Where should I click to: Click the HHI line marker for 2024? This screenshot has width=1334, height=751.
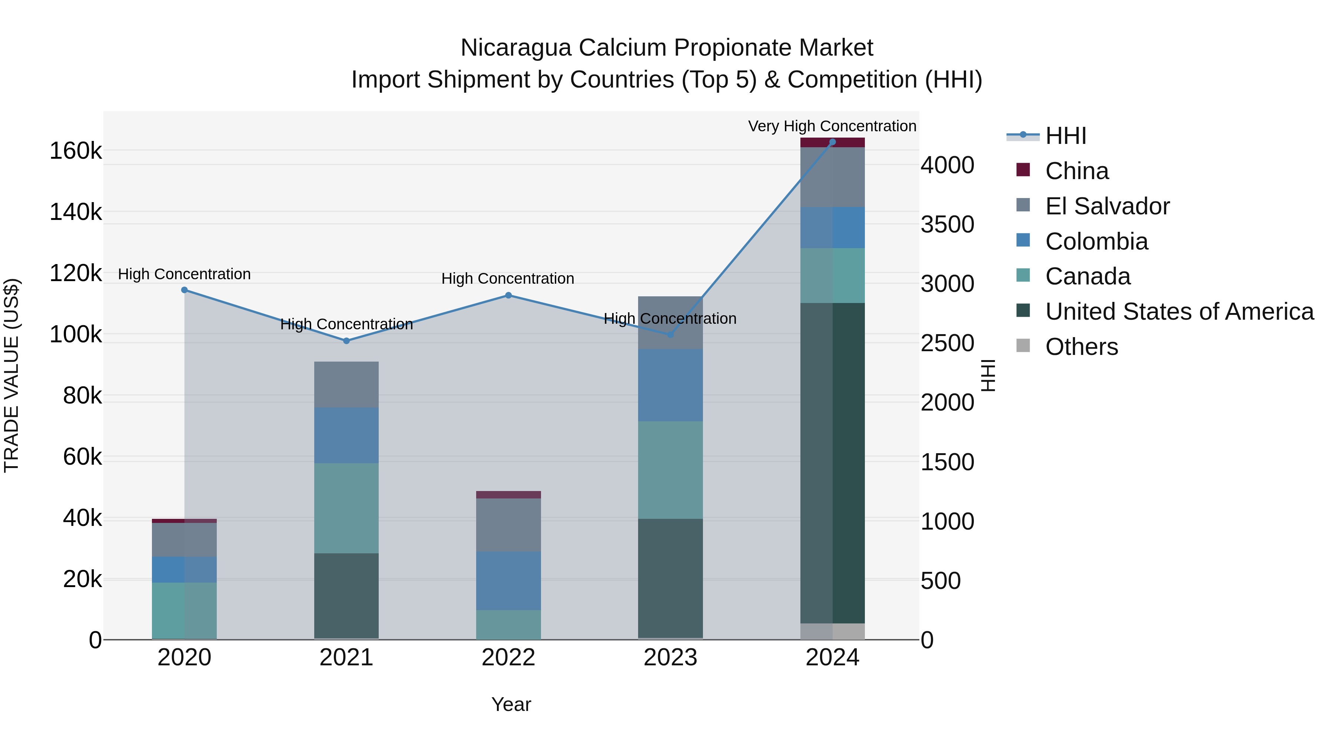[x=832, y=142]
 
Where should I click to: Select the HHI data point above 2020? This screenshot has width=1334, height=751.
[x=185, y=290]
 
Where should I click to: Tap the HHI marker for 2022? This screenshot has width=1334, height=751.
[x=508, y=296]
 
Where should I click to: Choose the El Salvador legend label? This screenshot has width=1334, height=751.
[x=1107, y=206]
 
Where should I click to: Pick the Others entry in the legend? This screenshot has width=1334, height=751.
[x=1081, y=347]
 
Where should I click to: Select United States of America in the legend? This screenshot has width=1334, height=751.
[x=1179, y=312]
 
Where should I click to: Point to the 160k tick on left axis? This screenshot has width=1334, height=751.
[x=76, y=151]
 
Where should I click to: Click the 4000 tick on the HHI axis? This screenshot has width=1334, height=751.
[x=947, y=165]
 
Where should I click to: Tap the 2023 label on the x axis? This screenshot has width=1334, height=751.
[x=670, y=658]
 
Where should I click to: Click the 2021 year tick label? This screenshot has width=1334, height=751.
[x=346, y=658]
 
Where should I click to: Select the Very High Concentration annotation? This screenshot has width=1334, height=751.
[x=832, y=126]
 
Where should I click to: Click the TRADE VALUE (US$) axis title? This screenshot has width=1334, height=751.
[x=11, y=375]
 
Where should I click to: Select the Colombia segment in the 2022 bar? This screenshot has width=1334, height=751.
[x=508, y=580]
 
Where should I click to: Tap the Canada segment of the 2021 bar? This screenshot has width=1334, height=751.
[x=346, y=508]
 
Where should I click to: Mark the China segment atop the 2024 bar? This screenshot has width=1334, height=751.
[x=832, y=142]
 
